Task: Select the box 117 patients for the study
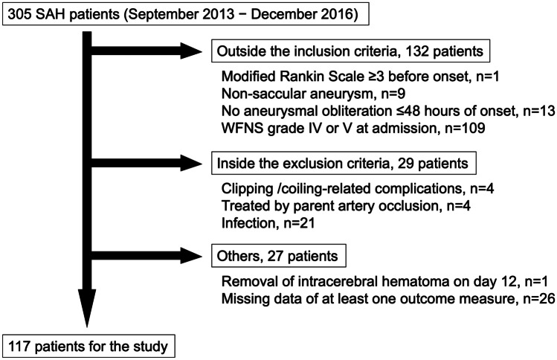(88, 346)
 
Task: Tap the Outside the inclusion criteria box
(350, 51)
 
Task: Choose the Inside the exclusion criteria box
(344, 163)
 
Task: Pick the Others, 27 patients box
(279, 256)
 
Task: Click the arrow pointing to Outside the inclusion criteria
(147, 51)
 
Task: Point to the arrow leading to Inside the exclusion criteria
(147, 163)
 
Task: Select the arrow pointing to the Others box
(147, 256)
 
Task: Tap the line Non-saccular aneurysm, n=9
(313, 94)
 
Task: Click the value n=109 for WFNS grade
(465, 128)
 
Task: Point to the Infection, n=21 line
(268, 223)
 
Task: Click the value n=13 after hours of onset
(539, 111)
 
